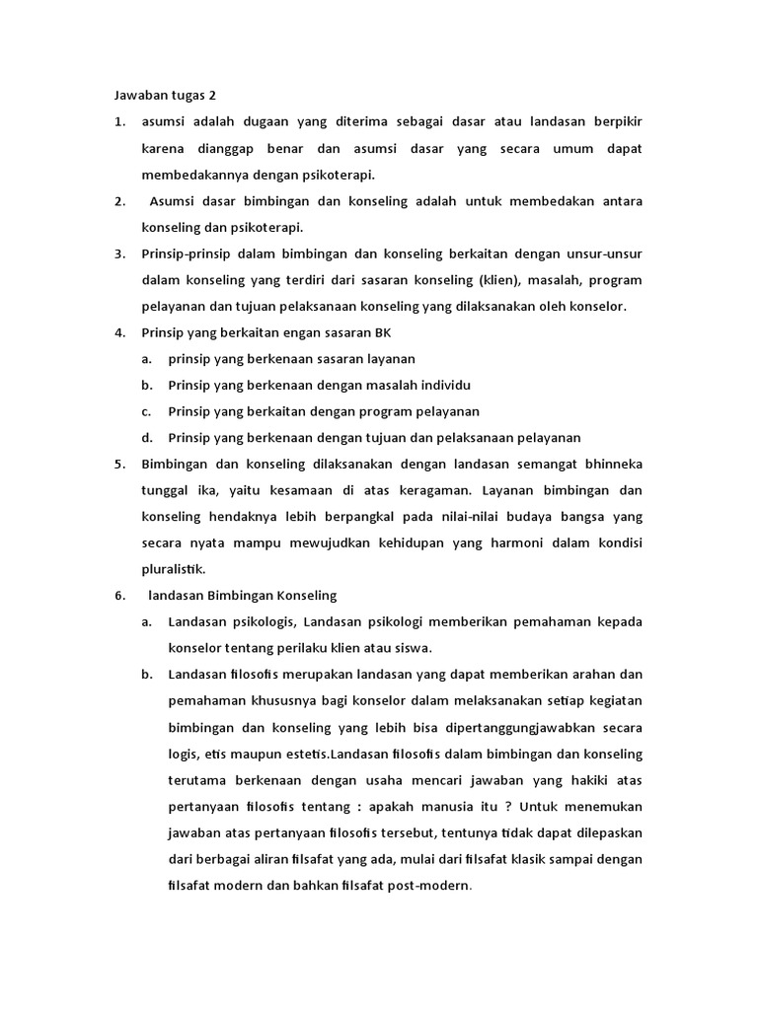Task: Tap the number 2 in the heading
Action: click(x=211, y=96)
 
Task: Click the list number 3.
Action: click(x=118, y=253)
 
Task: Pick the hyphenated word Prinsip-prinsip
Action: click(x=185, y=253)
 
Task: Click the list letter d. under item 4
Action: click(x=146, y=437)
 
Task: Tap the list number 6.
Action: click(x=118, y=595)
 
